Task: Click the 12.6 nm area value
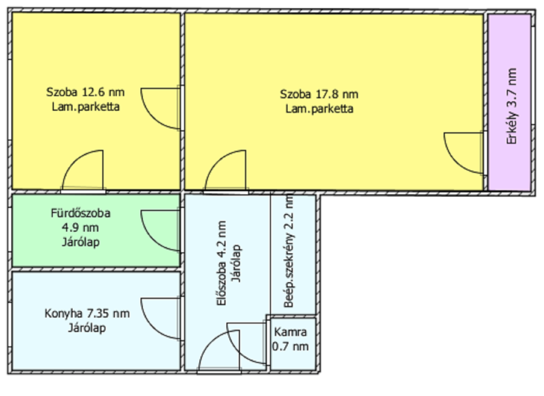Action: (x=103, y=92)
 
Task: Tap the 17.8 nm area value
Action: (x=337, y=94)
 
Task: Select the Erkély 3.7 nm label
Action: (x=512, y=106)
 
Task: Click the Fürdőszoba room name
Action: (x=81, y=213)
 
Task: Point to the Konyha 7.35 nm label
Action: (x=87, y=314)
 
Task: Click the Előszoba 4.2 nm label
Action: (x=222, y=263)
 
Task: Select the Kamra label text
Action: (x=290, y=332)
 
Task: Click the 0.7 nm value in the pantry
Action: (x=290, y=346)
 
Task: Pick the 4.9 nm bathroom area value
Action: (x=81, y=228)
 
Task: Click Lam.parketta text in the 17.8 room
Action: (x=319, y=109)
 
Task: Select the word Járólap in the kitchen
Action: (x=87, y=328)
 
